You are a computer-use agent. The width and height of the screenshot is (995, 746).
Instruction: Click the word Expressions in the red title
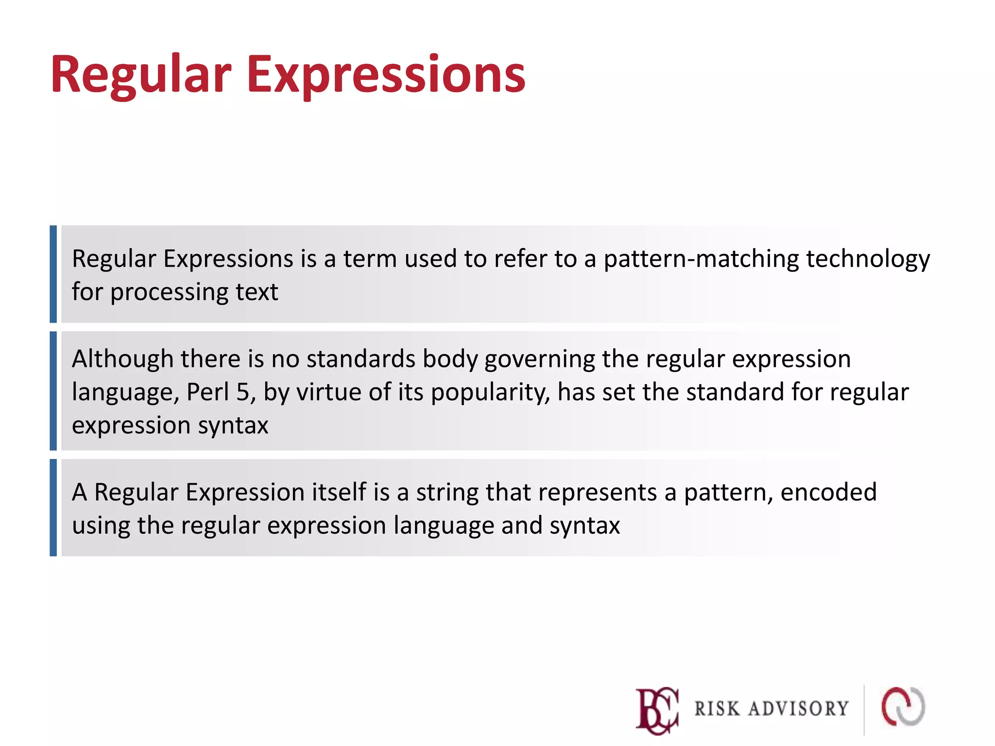[386, 75]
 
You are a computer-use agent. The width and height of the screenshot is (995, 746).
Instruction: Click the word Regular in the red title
[141, 75]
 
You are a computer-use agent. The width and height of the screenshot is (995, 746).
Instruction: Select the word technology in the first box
[868, 259]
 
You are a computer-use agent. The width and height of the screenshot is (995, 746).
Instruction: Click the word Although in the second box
[122, 359]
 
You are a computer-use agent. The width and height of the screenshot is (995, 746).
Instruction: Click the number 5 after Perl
[243, 392]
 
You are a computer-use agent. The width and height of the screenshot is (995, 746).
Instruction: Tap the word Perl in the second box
[207, 392]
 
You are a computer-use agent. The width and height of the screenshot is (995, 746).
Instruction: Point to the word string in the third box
[447, 493]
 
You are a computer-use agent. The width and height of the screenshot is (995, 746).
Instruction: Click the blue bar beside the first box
[53, 274]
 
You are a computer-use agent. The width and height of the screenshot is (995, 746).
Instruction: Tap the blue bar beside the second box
[53, 391]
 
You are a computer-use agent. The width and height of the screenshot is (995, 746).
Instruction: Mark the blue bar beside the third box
[53, 508]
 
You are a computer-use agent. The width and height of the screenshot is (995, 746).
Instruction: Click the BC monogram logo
[657, 710]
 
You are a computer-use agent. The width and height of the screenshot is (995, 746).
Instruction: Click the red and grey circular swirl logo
[903, 707]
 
